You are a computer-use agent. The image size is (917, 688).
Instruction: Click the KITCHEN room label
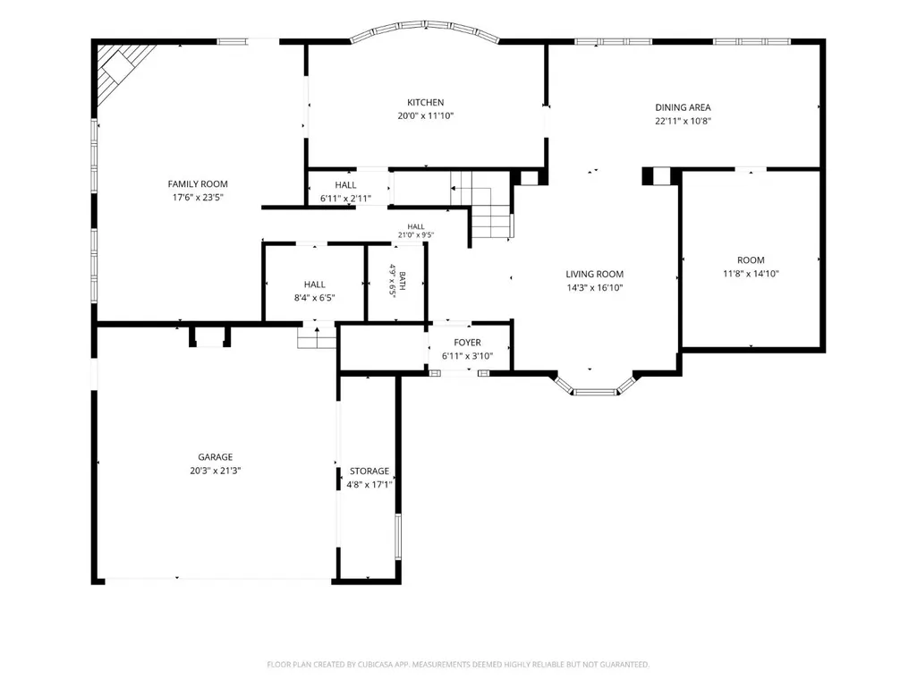point(425,102)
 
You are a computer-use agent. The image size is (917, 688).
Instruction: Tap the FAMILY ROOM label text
point(198,183)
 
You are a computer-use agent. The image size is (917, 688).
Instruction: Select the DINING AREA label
point(683,107)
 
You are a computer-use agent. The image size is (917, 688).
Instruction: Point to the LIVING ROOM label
point(594,274)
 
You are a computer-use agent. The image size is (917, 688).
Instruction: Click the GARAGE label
point(216,457)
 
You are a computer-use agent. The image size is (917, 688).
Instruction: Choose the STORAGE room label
point(369,471)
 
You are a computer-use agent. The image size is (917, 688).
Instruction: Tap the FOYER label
point(467,343)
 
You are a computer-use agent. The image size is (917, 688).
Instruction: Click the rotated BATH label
point(402,281)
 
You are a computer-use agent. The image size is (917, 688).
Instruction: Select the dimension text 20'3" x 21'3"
point(216,471)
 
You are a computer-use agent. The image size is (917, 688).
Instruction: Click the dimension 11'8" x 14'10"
point(751,273)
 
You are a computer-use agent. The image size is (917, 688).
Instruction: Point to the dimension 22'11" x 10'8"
point(683,121)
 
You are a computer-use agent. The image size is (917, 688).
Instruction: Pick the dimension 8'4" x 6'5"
point(314,298)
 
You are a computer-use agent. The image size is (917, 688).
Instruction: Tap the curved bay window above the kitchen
point(425,27)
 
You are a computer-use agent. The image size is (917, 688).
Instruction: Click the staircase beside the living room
point(480,205)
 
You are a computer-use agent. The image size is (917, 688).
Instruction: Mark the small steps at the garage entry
point(317,337)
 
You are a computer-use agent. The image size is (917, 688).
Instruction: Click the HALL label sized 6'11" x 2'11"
point(345,185)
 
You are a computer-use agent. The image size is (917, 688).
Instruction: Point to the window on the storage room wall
point(398,537)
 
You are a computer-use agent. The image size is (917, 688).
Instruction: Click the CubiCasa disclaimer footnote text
point(458,665)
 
